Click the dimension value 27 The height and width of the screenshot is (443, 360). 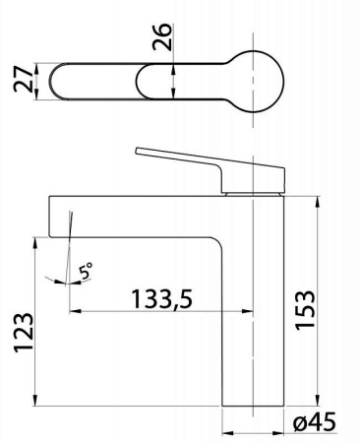pos(23,79)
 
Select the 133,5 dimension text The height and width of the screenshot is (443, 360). pos(162,299)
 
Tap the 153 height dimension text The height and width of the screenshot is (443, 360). pos(305,310)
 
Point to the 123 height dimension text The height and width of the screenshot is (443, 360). pos(24,333)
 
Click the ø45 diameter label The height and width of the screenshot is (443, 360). pos(315,422)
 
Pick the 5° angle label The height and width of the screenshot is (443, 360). pos(86,271)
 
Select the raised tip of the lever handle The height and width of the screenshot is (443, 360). pos(137,151)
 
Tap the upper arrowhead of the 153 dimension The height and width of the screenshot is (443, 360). pos(318,202)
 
